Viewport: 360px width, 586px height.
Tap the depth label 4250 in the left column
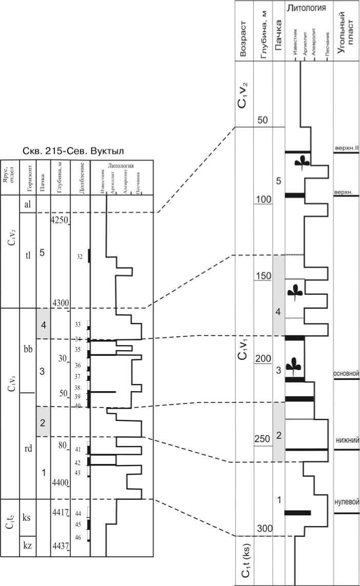tap(59, 219)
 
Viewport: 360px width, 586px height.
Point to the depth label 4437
tap(60, 545)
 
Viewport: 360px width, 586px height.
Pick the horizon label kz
tap(28, 545)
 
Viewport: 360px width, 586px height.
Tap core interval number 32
tap(79, 257)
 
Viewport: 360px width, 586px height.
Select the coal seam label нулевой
tap(346, 502)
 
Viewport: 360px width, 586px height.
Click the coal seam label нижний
tap(347, 440)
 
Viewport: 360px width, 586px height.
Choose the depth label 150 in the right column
tap(263, 276)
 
